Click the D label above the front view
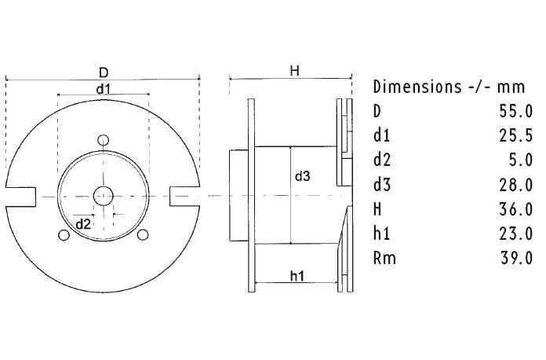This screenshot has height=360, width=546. [x=103, y=72]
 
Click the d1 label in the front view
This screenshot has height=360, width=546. [x=103, y=89]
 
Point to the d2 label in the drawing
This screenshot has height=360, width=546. [x=84, y=223]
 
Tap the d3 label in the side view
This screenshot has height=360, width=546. [x=302, y=177]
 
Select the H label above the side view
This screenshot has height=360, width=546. [x=295, y=70]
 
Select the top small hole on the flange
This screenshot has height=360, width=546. [x=103, y=139]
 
